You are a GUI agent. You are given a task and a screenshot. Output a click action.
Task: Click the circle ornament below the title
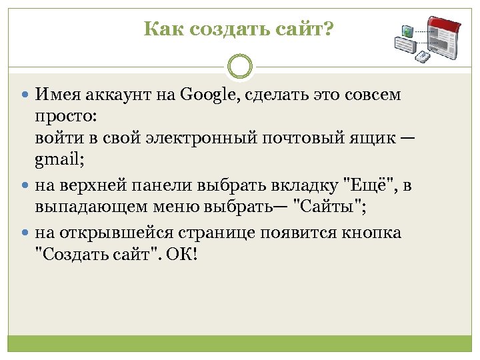[x=240, y=67]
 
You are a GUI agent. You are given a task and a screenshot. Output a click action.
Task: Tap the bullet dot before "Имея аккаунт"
[x=24, y=95]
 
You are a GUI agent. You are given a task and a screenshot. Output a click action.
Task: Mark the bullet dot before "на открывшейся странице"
[x=24, y=234]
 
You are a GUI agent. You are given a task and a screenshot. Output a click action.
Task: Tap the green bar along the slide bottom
[x=240, y=343]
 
